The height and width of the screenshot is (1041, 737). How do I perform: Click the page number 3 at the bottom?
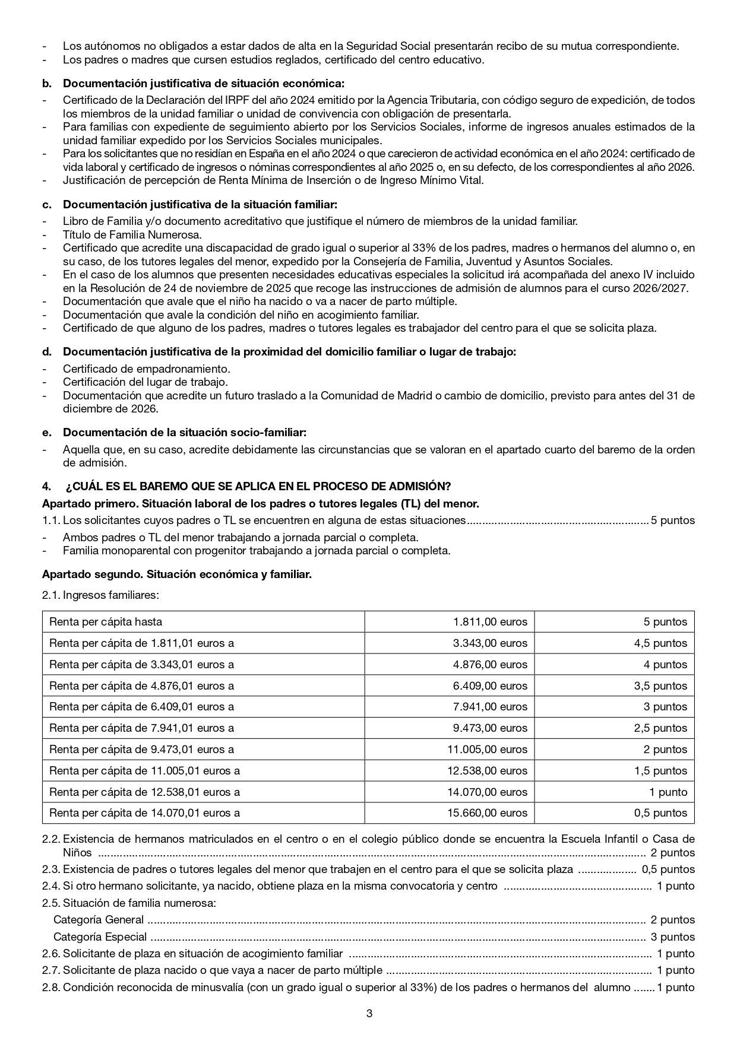point(369,1014)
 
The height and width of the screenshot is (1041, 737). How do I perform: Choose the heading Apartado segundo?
point(177,575)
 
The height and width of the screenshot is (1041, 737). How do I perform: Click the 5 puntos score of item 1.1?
point(672,520)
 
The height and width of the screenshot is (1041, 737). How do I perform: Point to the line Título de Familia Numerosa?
point(132,234)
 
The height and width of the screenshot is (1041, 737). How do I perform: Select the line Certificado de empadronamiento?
point(146,369)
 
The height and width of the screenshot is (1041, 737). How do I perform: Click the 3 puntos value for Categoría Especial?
point(672,937)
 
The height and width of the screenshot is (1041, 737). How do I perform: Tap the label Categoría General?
point(99,920)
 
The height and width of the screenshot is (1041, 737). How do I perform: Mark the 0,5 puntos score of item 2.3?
point(668,869)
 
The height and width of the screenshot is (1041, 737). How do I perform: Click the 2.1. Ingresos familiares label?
point(100,595)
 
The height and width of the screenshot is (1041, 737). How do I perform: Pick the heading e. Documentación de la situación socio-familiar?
point(184,433)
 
